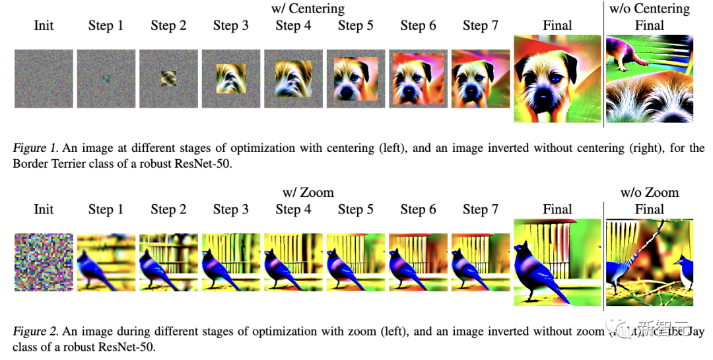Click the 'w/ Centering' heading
click(308, 9)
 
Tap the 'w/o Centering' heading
click(649, 9)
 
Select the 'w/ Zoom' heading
click(308, 193)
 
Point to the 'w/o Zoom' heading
click(649, 193)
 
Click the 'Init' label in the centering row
click(44, 26)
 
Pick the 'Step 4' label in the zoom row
click(293, 209)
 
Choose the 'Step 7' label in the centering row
click(480, 26)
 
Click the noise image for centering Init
click(44, 79)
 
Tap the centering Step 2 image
click(168, 79)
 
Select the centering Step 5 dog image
click(355, 79)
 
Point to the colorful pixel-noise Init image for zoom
click(44, 262)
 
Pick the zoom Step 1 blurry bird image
click(106, 262)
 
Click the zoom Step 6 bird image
click(417, 262)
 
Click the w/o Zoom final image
click(650, 262)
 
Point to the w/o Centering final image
click(650, 79)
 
